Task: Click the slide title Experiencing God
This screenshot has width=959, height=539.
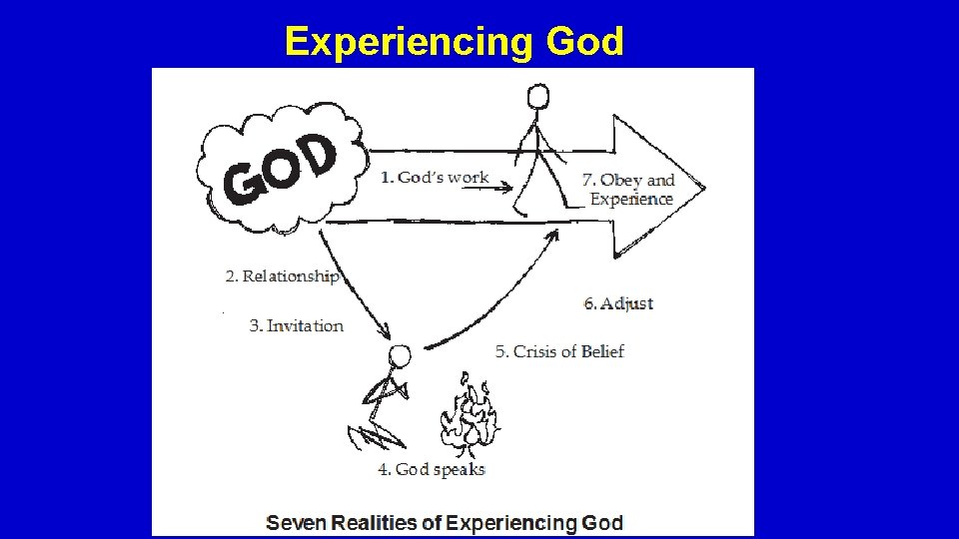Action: [x=455, y=42]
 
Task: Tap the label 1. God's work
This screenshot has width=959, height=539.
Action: [x=435, y=177]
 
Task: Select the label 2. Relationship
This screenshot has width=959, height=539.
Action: [x=282, y=275]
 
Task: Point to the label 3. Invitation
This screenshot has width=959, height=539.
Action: [x=296, y=325]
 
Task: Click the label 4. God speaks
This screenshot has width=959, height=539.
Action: [x=432, y=469]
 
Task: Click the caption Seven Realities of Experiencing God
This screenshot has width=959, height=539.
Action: [x=445, y=522]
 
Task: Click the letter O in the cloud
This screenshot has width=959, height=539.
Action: [x=281, y=173]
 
